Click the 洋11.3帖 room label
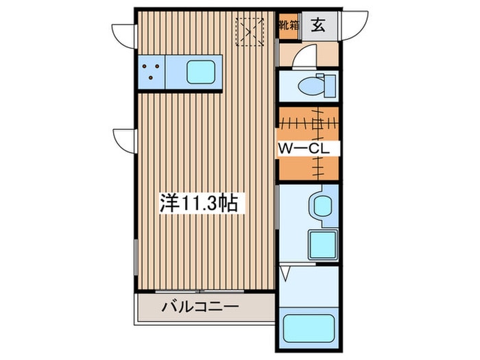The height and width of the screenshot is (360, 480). point(199,203)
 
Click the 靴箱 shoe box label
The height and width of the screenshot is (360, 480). point(287,26)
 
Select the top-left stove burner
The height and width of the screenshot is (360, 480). point(147,67)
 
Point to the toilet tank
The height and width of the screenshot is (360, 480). point(329,86)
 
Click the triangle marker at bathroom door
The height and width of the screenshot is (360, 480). point(288,274)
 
